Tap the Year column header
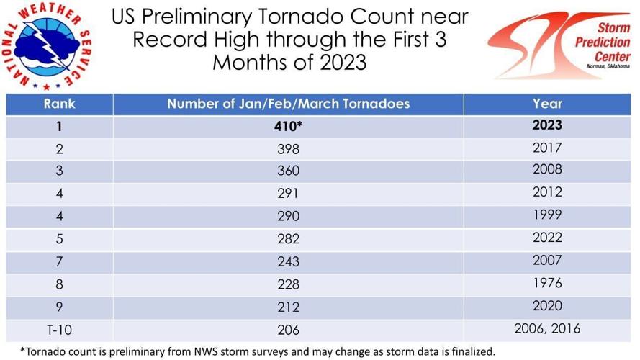point(548,103)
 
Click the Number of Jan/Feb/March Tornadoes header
point(288,103)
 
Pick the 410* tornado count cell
point(288,126)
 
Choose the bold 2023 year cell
point(548,125)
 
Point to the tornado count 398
point(288,149)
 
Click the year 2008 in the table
point(548,171)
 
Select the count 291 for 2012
point(288,194)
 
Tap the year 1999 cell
point(548,216)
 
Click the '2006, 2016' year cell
point(548,328)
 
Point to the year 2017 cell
point(548,148)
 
